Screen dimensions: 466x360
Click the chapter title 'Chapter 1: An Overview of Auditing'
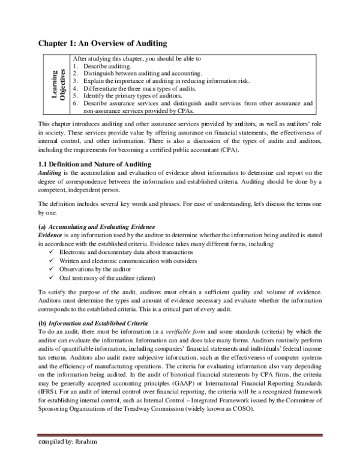pos(103,43)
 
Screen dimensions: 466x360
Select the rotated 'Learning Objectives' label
pos(58,85)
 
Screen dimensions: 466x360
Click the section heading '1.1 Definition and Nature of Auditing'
pos(98,165)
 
